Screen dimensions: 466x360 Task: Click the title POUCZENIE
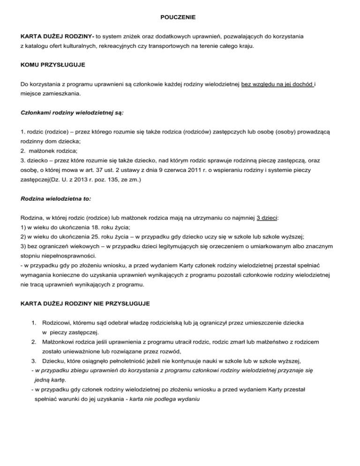pos(180,17)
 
